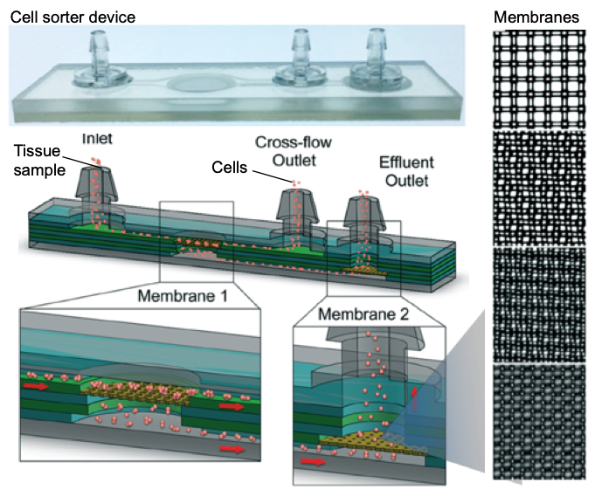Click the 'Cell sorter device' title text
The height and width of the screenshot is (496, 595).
pyautogui.click(x=73, y=17)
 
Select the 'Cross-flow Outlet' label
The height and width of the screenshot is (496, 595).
pyautogui.click(x=293, y=149)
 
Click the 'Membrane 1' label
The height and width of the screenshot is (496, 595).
pyautogui.click(x=183, y=295)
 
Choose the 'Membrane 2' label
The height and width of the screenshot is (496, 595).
pyautogui.click(x=359, y=313)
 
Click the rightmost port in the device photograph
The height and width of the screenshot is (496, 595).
pyautogui.click(x=376, y=61)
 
